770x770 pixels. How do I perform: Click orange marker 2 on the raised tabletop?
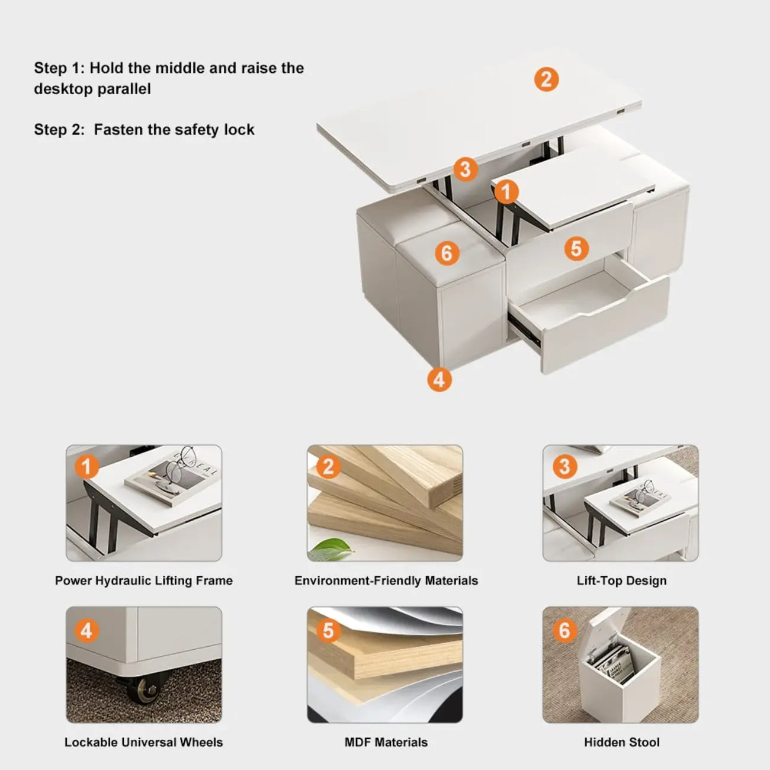pos(546,79)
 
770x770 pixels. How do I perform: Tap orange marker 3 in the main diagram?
pos(466,169)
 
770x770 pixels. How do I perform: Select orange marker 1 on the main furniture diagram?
pos(506,192)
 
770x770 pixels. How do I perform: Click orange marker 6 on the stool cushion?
pos(447,254)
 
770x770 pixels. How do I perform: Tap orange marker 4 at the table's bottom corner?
pos(439,379)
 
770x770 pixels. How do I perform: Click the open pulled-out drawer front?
pos(604,332)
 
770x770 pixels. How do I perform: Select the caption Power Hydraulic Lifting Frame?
pos(144,580)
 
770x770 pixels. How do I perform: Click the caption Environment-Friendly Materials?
pos(386,580)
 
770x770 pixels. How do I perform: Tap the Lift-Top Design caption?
pos(621,580)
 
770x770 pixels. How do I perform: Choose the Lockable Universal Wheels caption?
pos(144,742)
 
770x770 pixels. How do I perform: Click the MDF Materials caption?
pos(386,742)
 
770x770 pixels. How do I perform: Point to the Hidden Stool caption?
pos(621,742)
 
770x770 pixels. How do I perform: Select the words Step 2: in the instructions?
pos(59,130)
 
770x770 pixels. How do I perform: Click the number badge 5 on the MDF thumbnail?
pos(328,631)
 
